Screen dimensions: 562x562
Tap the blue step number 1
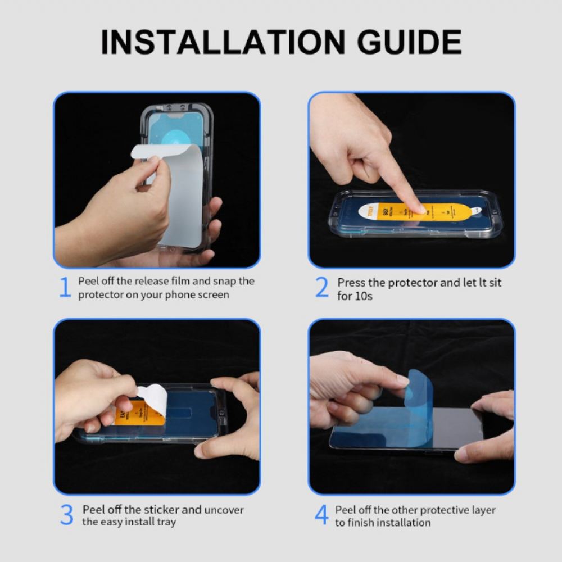pos(65,288)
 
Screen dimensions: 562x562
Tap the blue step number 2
pos(321,288)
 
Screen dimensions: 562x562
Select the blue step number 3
pos(66,515)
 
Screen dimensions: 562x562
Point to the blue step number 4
pos(321,515)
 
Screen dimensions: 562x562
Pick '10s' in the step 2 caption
pos(362,296)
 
